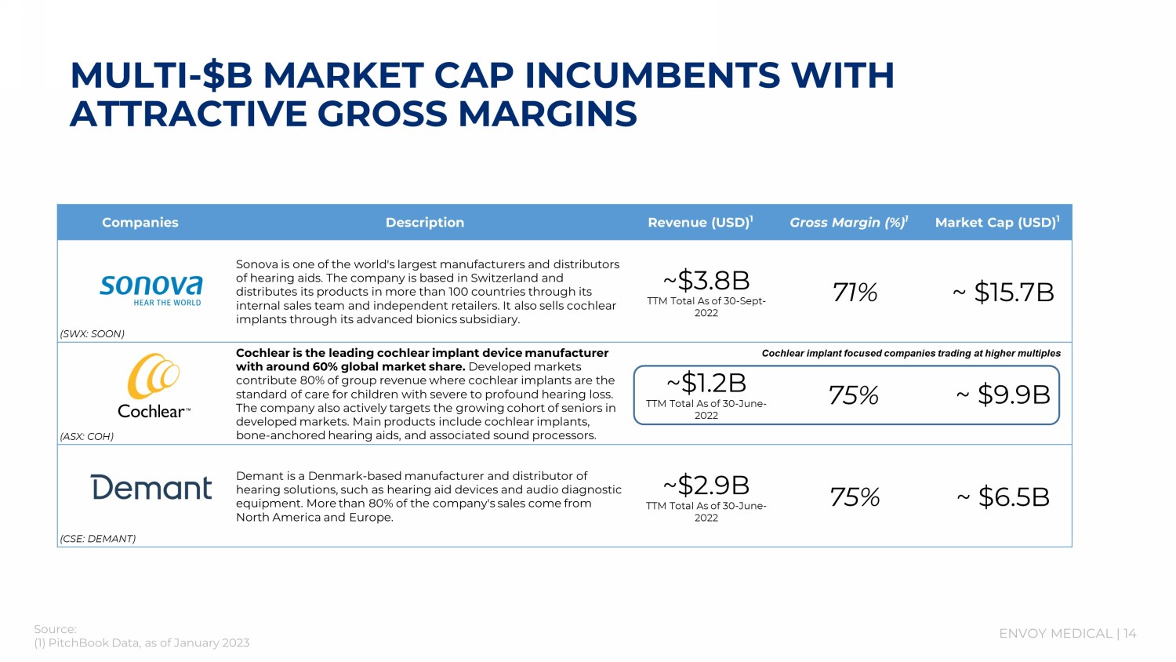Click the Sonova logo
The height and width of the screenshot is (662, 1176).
[x=151, y=289]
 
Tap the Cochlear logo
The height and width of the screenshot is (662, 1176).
[x=154, y=386]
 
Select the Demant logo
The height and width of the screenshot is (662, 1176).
[x=151, y=488]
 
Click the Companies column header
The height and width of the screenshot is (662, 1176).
[x=140, y=223]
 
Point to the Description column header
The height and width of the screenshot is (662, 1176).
[x=425, y=223]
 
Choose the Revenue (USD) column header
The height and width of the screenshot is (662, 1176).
[x=700, y=223]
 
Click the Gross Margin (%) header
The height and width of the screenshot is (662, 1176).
[x=848, y=223]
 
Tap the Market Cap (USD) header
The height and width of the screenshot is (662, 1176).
[x=996, y=223]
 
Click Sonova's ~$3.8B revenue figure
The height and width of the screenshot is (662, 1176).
[x=706, y=280]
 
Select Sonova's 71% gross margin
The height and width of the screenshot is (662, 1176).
[x=855, y=293]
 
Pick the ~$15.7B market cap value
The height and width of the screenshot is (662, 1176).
[x=1004, y=293]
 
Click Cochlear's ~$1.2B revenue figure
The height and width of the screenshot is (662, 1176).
[x=706, y=383]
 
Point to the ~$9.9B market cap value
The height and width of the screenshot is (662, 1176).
[x=1004, y=395]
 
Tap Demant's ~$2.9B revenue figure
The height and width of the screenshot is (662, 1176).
[x=706, y=485]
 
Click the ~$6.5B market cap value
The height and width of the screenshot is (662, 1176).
[x=1004, y=497]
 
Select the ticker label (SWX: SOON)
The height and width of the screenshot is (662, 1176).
[x=93, y=334]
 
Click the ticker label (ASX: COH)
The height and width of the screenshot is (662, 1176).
[x=87, y=437]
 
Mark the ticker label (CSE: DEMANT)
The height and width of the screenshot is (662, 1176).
[x=98, y=539]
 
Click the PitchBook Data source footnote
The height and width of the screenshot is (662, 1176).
[x=141, y=643]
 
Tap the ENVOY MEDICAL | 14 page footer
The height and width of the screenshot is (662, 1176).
[x=1067, y=634]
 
